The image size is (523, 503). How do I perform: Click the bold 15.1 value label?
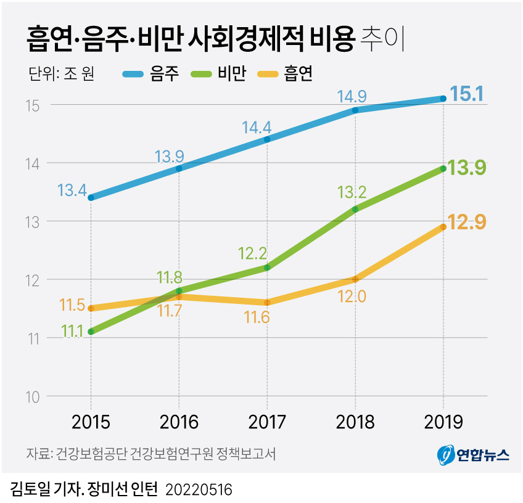(466, 94)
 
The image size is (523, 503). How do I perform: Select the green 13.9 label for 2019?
(466, 167)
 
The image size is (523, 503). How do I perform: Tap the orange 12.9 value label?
(466, 222)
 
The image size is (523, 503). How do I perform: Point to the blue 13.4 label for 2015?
(72, 190)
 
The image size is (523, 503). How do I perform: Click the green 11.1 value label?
(73, 332)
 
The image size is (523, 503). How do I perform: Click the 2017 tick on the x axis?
(267, 422)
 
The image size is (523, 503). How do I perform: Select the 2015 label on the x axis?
(91, 422)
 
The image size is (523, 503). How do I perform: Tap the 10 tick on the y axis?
(33, 396)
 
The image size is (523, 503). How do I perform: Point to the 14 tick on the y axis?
(33, 163)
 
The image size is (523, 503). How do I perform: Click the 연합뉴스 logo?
(473, 455)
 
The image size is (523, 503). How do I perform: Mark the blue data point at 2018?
(355, 110)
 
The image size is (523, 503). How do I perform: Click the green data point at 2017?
(267, 268)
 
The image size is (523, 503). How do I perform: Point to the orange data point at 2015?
(91, 308)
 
